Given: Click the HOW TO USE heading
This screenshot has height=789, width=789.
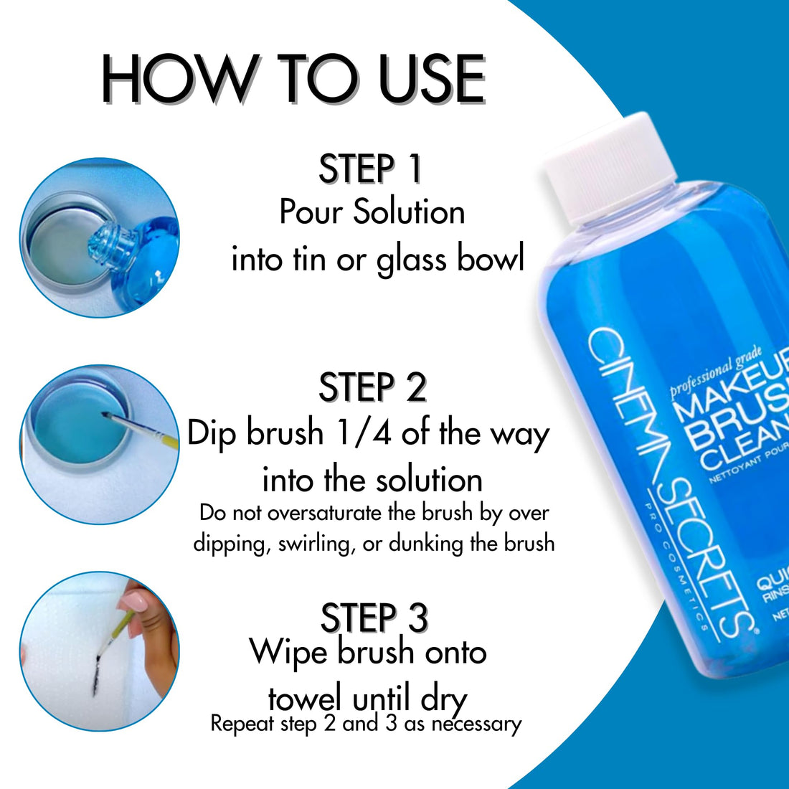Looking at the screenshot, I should click(x=293, y=79).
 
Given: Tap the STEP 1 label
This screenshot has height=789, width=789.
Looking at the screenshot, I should click(x=370, y=169).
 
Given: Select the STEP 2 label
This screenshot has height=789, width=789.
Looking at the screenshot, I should click(x=372, y=387).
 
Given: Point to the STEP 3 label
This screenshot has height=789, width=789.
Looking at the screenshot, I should click(x=374, y=618).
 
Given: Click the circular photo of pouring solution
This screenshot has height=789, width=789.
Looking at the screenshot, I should click(x=99, y=237).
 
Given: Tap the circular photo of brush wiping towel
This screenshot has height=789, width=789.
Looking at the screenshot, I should click(x=99, y=651).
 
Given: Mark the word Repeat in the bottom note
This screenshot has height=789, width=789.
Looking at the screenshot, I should click(x=242, y=724).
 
